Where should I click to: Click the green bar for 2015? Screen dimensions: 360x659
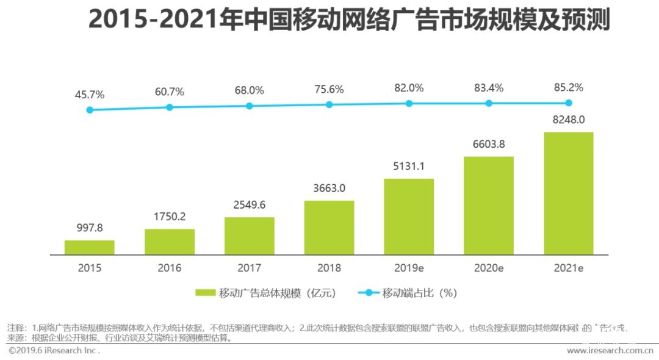pos(90,247)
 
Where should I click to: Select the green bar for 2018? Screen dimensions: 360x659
pos(329,227)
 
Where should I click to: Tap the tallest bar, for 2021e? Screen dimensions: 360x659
pos(569,193)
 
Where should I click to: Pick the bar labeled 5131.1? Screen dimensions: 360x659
pos(409,216)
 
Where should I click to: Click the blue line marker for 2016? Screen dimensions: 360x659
pos(170,107)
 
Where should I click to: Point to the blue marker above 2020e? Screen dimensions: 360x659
pos(489,103)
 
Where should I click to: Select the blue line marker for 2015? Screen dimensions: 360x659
pos(90,110)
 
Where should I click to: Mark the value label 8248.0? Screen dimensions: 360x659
pos(569,120)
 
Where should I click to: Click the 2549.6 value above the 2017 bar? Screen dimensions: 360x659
pos(249,205)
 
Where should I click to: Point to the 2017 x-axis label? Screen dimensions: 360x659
pos(249,268)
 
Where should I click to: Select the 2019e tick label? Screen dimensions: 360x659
pos(409,268)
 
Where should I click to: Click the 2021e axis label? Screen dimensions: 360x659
pos(569,268)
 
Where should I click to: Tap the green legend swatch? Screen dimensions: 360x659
pos(206,293)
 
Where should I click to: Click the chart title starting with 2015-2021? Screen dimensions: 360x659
pos(349,20)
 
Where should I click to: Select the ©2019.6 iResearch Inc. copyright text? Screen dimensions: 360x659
pos(54,351)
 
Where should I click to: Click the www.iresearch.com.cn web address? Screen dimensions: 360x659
pos(610,351)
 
